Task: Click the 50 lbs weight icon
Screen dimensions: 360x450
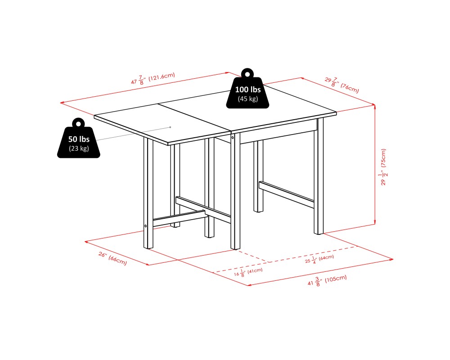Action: click(x=79, y=140)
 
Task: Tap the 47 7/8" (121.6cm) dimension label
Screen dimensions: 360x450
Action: click(x=153, y=79)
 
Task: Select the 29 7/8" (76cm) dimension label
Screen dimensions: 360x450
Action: click(x=342, y=85)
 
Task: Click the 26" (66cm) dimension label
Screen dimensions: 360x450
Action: click(x=112, y=259)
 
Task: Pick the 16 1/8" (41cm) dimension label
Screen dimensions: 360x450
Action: click(x=248, y=273)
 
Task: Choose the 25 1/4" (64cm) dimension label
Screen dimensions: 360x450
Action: click(x=319, y=259)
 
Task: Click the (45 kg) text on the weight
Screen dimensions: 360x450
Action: click(x=247, y=99)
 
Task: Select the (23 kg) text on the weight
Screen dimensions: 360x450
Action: click(x=79, y=148)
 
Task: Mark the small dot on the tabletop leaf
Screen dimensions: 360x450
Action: click(x=170, y=127)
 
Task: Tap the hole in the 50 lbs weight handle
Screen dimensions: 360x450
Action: click(x=79, y=123)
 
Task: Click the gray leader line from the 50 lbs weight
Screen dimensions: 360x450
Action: click(x=130, y=134)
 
